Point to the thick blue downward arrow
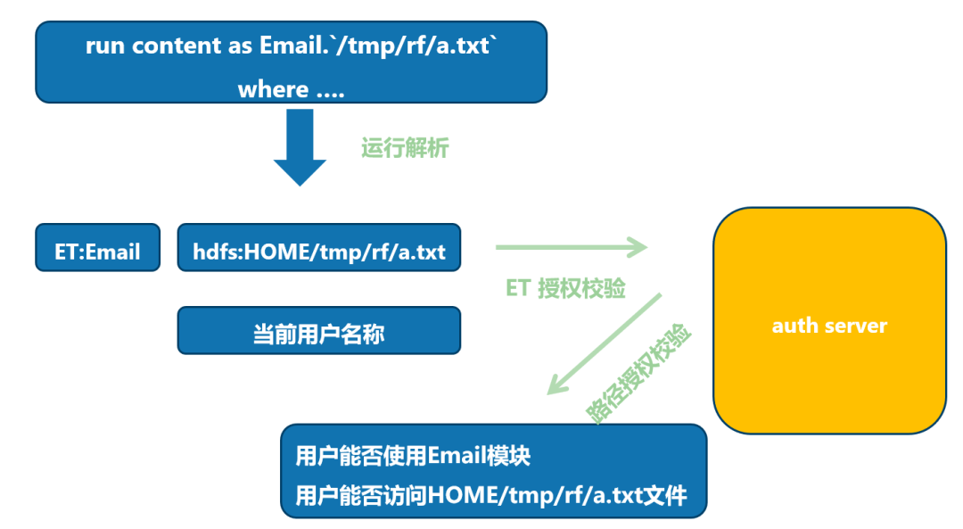[300, 147]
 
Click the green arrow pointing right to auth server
[572, 247]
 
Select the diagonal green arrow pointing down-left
[604, 344]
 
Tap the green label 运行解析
[405, 147]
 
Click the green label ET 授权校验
[565, 288]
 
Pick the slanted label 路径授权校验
[640, 373]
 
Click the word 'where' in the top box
[273, 89]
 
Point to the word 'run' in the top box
[106, 46]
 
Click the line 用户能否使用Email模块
[413, 456]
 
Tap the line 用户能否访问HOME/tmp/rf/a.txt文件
[491, 494]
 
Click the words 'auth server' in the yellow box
[829, 325]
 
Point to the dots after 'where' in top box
[329, 92]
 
